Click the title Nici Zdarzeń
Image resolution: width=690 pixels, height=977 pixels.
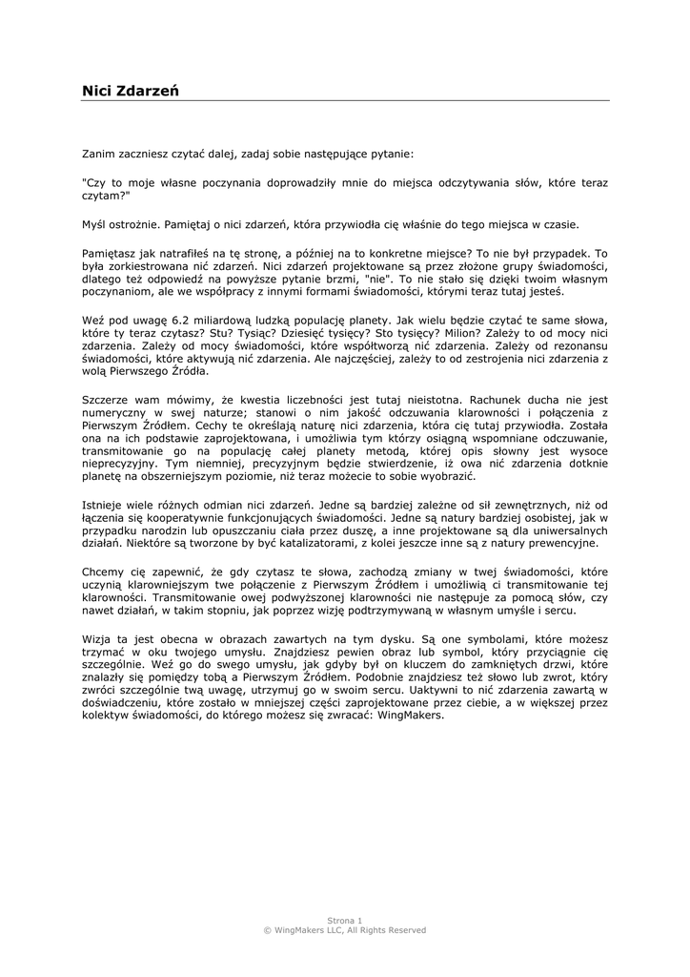pyautogui.click(x=131, y=91)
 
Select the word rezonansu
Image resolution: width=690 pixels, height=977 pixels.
pyautogui.click(x=578, y=344)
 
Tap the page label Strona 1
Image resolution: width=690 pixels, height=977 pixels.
pyautogui.click(x=345, y=921)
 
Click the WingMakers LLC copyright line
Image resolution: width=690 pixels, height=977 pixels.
pyautogui.click(x=345, y=930)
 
